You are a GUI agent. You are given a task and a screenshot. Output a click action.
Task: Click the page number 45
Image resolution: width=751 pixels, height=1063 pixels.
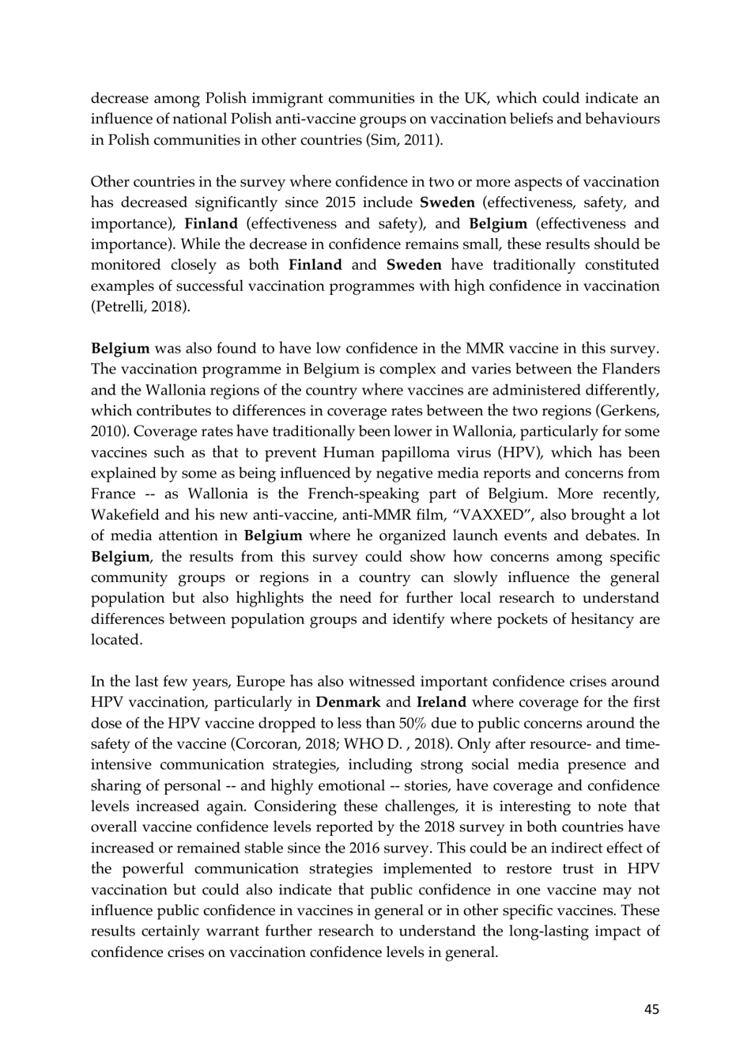point(651,1008)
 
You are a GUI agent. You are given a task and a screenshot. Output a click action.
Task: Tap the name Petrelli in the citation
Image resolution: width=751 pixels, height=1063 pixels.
point(120,307)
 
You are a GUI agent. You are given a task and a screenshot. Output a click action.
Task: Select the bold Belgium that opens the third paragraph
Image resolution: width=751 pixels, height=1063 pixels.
point(120,349)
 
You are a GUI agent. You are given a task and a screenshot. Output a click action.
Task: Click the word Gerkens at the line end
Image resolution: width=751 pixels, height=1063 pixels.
point(629,411)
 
